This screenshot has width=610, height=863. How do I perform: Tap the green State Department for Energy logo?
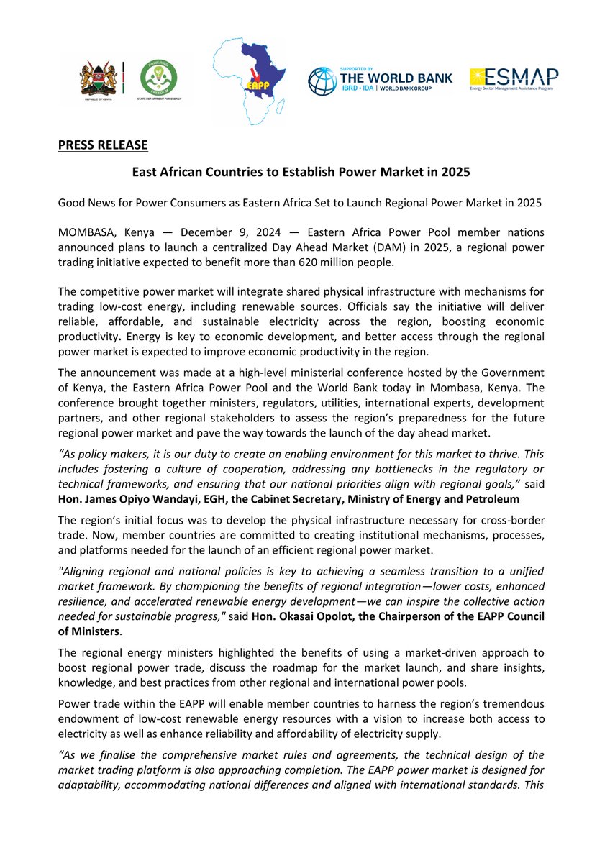156,79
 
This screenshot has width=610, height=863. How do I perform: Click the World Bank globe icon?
322,81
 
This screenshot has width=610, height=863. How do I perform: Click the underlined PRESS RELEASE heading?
103,145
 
